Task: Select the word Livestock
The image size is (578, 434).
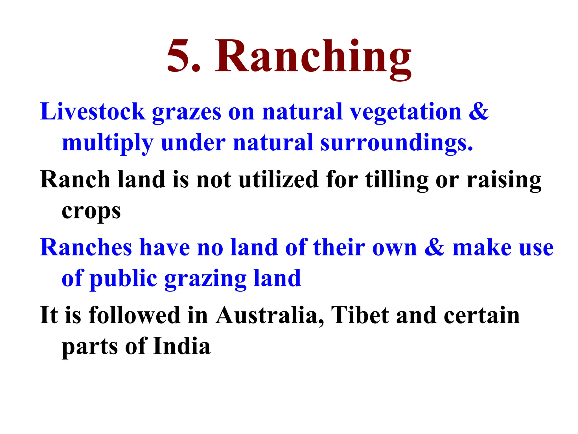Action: click(x=92, y=111)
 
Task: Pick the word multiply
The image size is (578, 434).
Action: click(x=108, y=143)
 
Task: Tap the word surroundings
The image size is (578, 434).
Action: click(x=396, y=143)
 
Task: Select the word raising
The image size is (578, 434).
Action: click(x=504, y=180)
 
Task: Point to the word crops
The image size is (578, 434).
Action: click(x=91, y=212)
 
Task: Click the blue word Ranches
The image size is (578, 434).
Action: click(x=86, y=247)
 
